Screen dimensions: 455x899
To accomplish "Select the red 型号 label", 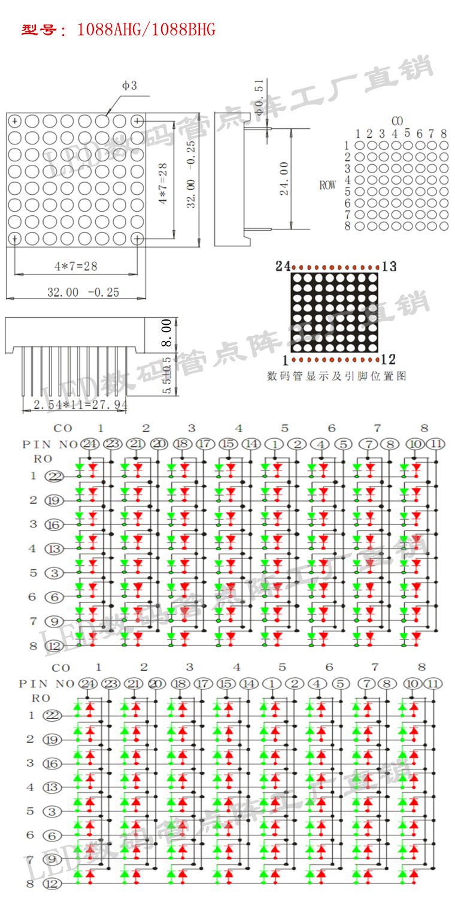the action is [x=40, y=30].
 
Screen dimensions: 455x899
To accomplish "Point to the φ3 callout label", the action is [x=129, y=86].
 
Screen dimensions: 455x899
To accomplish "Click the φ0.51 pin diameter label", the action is [x=259, y=97].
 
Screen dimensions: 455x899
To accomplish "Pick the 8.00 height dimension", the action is [x=168, y=333].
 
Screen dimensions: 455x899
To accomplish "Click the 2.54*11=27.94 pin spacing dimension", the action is [x=80, y=405].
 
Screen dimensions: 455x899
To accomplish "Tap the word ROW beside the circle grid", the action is [x=327, y=186].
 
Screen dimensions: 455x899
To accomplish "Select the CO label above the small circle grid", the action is [x=397, y=121].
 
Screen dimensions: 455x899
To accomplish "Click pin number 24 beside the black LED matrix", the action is [x=283, y=266].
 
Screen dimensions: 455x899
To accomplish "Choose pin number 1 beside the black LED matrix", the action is [x=285, y=360].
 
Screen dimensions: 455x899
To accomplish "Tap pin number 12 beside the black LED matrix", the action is [x=388, y=360].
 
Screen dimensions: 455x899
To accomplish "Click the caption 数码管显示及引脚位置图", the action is [x=336, y=376].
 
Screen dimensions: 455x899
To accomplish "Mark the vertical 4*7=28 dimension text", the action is [x=163, y=184].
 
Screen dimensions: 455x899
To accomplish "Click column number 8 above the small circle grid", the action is [x=444, y=134].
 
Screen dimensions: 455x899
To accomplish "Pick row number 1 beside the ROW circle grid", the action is [x=347, y=145].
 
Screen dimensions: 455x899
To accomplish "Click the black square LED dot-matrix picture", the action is [x=334, y=313].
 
